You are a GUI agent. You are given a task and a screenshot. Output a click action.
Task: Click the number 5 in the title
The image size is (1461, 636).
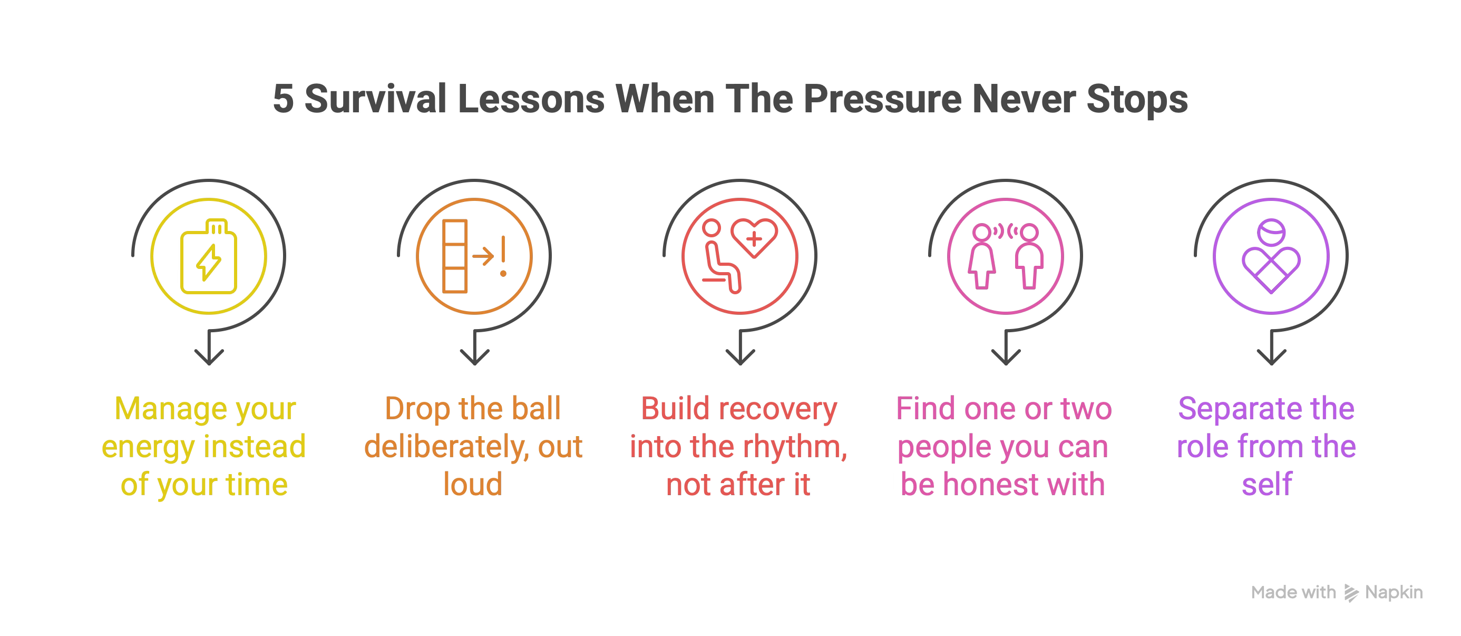[283, 99]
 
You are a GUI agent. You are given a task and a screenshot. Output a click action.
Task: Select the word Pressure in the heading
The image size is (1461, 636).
[882, 99]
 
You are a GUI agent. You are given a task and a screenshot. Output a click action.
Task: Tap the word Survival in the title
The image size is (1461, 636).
[375, 99]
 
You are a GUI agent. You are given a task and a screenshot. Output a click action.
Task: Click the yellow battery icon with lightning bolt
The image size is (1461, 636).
[209, 256]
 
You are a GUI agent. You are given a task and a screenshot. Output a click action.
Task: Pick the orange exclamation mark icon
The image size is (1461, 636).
[503, 256]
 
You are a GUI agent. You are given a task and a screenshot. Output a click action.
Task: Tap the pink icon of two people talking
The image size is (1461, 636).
[1006, 256]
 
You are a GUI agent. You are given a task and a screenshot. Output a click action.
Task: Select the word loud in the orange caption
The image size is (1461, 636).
[473, 485]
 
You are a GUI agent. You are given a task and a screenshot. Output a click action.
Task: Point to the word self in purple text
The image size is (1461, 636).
[1267, 485]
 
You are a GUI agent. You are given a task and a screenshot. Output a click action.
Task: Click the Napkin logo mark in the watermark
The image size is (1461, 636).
[1351, 593]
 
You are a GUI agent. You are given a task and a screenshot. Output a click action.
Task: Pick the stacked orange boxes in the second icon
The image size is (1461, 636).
[455, 256]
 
